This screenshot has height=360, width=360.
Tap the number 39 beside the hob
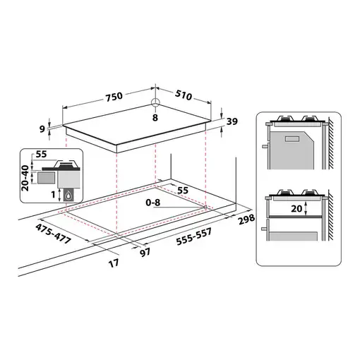click(232, 122)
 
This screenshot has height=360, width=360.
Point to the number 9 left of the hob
click(43, 128)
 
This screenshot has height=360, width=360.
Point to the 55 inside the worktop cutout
click(183, 191)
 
